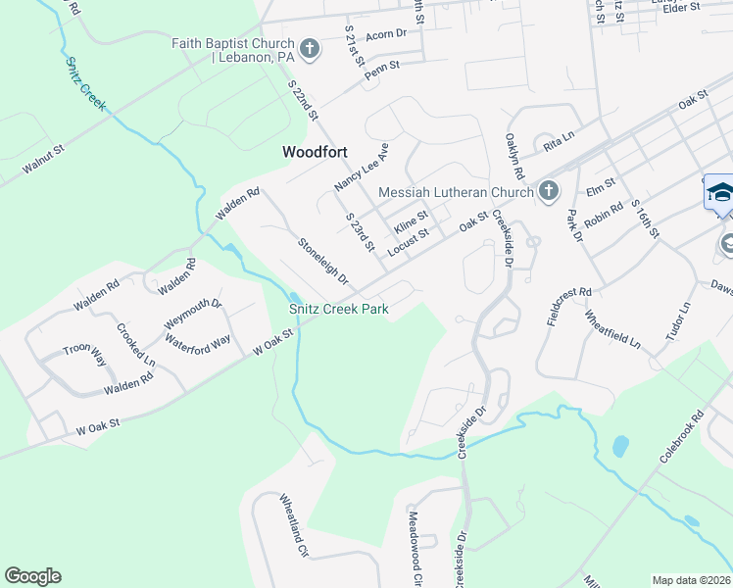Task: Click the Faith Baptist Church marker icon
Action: (309, 50)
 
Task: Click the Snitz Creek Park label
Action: (339, 310)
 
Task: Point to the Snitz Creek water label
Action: (85, 82)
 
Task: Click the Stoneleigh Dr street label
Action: (323, 262)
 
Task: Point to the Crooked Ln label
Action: (135, 344)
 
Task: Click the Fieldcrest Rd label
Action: (569, 307)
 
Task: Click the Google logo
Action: (33, 576)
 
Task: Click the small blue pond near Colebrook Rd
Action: (619, 447)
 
